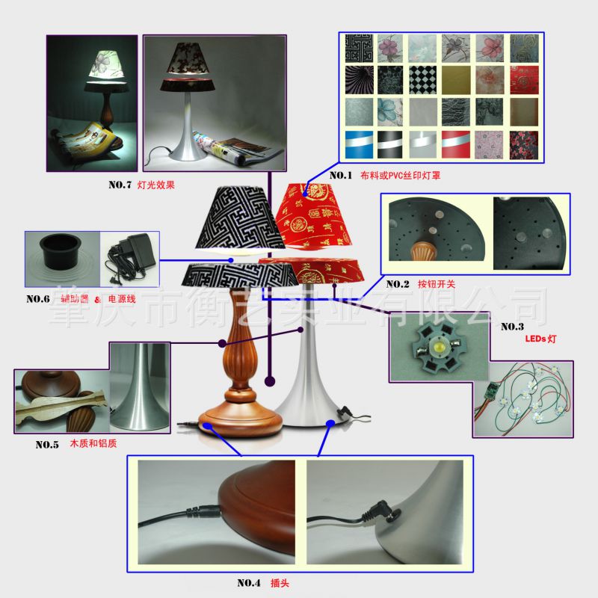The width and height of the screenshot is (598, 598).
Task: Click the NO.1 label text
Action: click(340, 176)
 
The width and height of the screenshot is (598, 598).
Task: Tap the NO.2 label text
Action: click(398, 284)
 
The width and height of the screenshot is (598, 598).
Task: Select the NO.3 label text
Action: click(512, 326)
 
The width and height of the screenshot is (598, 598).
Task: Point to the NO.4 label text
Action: click(249, 583)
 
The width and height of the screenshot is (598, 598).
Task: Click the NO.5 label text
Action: click(47, 444)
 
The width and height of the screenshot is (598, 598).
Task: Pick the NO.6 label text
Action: click(37, 299)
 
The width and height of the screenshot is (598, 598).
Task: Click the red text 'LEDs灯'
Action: click(540, 339)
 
